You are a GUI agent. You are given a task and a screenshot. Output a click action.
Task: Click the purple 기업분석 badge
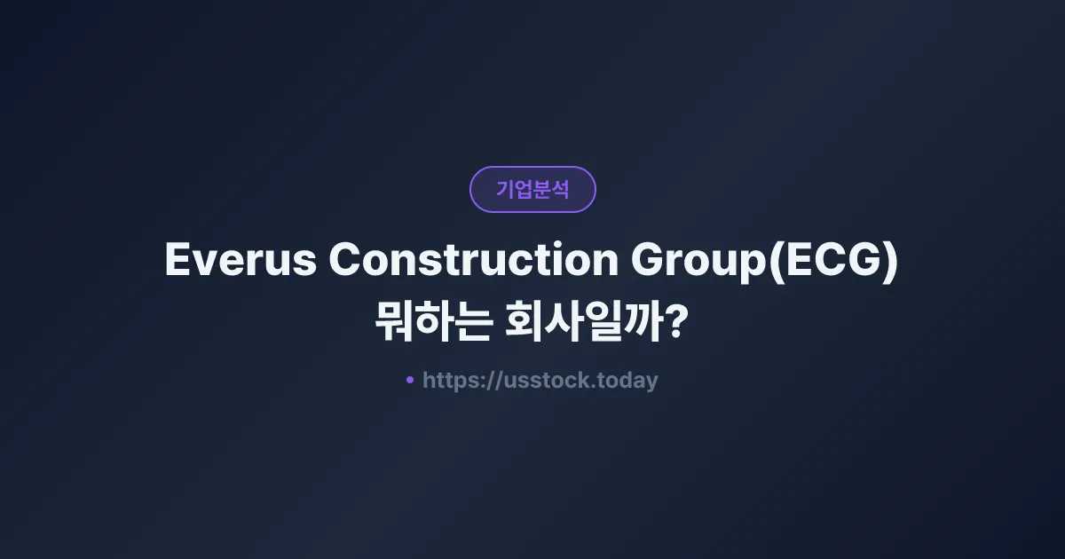[532, 189]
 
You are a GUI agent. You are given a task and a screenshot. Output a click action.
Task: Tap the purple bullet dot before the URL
[410, 380]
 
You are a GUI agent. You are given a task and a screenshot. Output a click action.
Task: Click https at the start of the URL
[449, 381]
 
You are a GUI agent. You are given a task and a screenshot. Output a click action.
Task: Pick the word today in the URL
[627, 381]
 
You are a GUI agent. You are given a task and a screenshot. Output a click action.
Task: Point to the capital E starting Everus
[177, 260]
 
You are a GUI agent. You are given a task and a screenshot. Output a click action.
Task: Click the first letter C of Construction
[346, 260]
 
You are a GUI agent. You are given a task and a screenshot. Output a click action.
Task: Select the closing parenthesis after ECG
[891, 261]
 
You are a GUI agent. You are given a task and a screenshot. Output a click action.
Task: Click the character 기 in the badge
[505, 189]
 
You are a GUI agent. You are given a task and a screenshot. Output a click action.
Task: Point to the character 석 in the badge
[560, 189]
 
